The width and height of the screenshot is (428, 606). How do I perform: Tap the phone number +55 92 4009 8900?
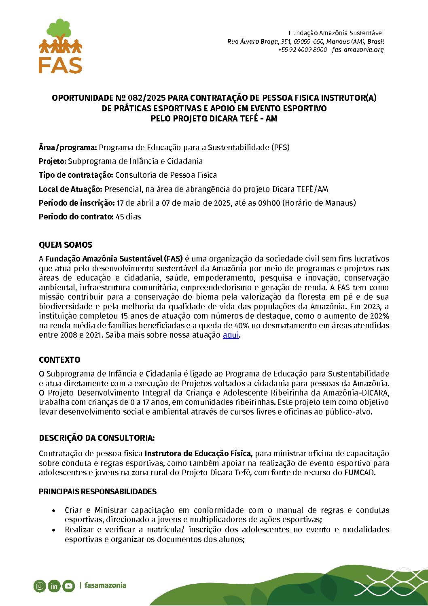302,50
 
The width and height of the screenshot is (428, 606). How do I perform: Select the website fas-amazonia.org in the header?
358,50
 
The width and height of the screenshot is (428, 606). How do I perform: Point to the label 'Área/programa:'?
68,147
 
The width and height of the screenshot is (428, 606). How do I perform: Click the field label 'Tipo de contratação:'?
76,175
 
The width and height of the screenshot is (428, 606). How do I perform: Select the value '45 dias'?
128,217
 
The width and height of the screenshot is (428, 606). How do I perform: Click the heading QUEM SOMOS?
66,245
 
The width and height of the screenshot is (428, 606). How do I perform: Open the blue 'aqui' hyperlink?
231,335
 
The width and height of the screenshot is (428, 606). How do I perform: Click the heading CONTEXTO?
59,360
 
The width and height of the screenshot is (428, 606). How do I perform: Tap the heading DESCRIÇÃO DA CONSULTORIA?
97,438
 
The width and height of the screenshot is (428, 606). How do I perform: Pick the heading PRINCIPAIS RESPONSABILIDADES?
97,492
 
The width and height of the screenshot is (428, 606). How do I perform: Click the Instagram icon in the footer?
40,586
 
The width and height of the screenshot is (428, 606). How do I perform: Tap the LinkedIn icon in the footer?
54,586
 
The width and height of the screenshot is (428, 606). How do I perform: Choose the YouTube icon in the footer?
68,586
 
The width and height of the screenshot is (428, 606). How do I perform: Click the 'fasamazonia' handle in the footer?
106,585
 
